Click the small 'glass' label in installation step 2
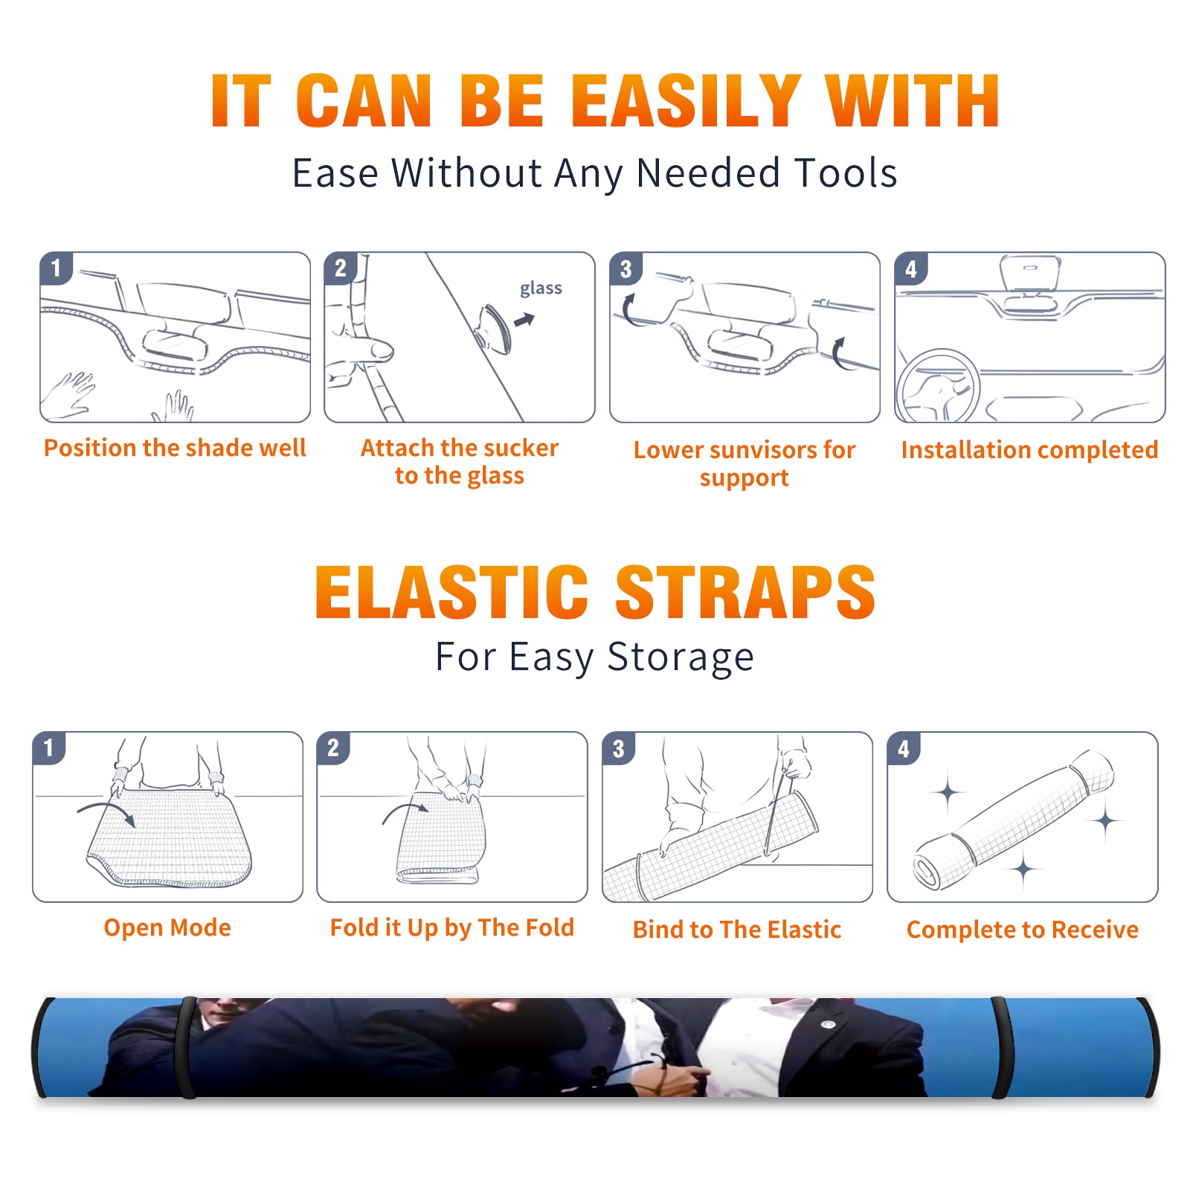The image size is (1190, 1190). click(x=541, y=289)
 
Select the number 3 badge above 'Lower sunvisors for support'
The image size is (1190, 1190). click(x=625, y=268)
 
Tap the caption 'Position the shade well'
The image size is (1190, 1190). click(x=175, y=448)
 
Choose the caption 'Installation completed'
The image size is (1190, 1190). click(x=1029, y=450)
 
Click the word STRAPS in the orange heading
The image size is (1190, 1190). click(x=745, y=592)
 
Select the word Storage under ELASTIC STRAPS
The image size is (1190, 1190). click(x=681, y=657)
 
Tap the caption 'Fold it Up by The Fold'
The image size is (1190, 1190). click(x=452, y=927)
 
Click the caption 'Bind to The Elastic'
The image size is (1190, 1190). click(x=737, y=930)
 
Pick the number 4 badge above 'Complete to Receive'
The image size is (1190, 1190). click(x=904, y=748)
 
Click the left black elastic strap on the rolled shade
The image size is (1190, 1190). click(x=187, y=1048)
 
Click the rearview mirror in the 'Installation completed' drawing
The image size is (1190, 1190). click(x=1030, y=273)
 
